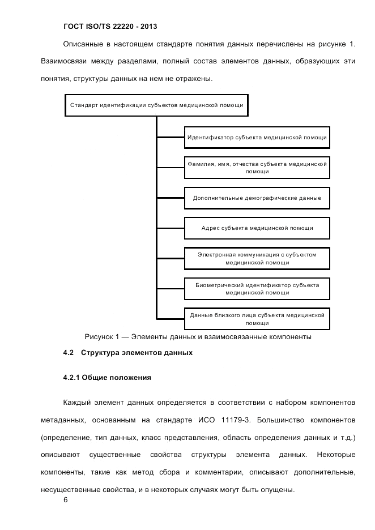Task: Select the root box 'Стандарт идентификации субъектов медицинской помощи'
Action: coord(156,105)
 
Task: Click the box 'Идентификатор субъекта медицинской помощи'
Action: coord(257,137)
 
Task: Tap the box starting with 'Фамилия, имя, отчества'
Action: coord(257,168)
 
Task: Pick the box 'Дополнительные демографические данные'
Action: coord(257,198)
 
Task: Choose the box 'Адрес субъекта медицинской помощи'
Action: coord(257,229)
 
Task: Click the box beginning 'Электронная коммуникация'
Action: coord(257,259)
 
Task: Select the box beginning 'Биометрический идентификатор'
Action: coord(257,289)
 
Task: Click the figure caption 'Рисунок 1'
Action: coord(198,337)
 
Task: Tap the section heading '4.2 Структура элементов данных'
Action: coord(128,353)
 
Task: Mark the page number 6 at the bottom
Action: coord(66,501)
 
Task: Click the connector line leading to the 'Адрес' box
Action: coord(170,229)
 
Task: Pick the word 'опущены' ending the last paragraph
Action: coord(276,490)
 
